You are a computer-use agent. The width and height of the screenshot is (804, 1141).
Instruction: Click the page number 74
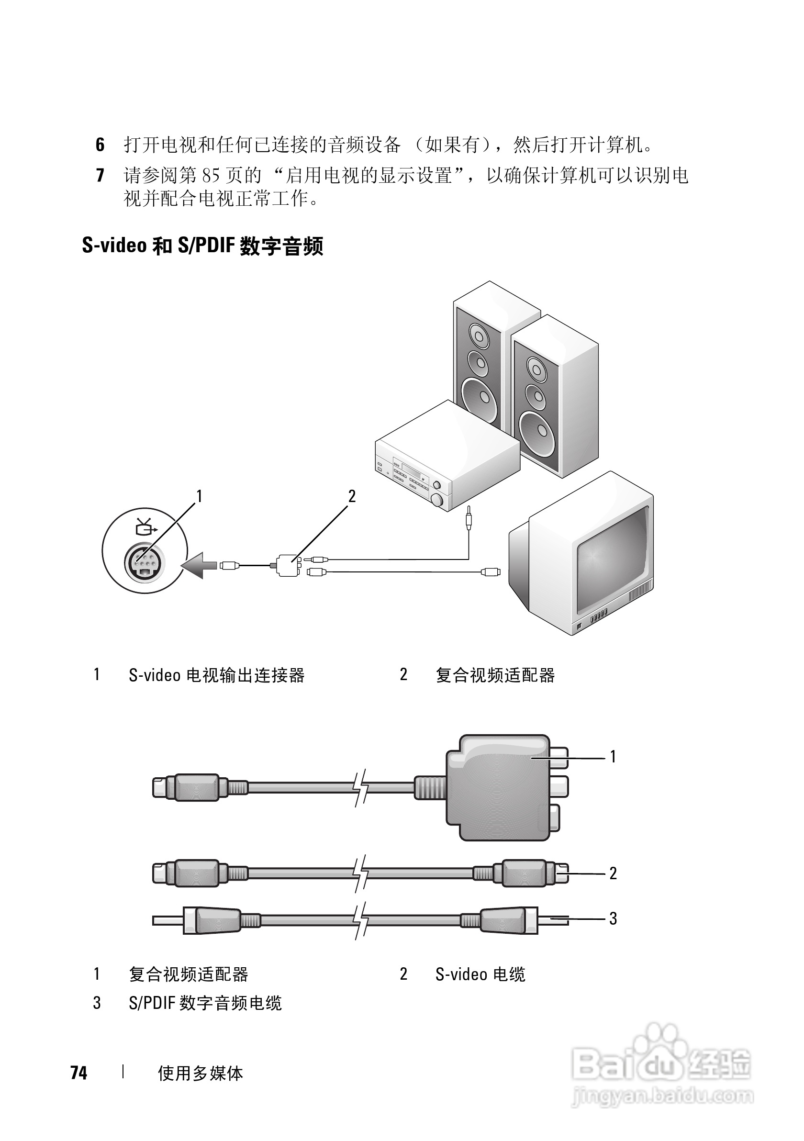point(79,1073)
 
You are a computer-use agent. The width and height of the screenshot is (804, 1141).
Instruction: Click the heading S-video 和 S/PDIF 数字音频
point(202,246)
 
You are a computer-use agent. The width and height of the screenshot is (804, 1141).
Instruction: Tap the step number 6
point(100,145)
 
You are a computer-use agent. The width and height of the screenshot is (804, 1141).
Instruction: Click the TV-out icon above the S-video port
point(145,527)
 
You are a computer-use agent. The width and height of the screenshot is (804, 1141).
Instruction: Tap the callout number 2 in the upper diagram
point(352,496)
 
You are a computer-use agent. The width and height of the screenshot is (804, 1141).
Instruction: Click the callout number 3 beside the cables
point(613,918)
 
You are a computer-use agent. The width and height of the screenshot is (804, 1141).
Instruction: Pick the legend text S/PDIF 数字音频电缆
point(205,1003)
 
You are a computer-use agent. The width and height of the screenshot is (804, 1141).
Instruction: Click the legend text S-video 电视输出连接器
point(217,675)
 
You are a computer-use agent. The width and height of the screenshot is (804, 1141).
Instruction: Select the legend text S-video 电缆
point(480,974)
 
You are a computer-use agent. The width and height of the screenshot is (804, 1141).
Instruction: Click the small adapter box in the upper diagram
point(287,566)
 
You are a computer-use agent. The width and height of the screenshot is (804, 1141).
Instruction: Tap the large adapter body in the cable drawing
point(497,788)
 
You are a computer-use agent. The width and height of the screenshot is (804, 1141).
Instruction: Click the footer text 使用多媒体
point(200,1074)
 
